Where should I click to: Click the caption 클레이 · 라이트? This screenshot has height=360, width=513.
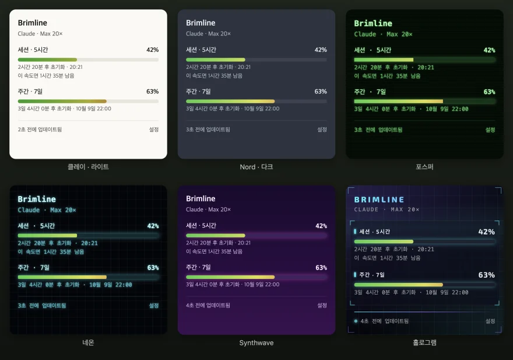88,167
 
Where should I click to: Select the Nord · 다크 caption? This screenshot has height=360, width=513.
256,167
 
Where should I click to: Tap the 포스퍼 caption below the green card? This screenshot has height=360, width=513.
424,167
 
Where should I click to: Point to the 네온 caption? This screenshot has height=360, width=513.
88,342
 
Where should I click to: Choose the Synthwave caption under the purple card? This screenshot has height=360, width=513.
256,342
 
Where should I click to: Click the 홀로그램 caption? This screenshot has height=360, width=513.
424,342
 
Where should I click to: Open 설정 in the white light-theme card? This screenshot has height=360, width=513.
154,130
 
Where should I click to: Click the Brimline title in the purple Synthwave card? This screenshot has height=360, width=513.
201,198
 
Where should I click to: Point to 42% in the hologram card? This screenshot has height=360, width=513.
486,232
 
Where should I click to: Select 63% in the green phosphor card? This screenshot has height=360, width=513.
489,92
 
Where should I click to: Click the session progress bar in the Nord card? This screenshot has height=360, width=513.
256,60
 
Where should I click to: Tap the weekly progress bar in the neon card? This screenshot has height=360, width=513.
88,277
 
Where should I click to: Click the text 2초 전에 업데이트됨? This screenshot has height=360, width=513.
40,130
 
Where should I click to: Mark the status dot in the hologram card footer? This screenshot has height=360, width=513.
356,321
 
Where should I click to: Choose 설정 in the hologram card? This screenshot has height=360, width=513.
490,321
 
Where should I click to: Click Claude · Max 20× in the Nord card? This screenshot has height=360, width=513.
208,34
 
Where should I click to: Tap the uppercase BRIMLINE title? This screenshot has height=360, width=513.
379,200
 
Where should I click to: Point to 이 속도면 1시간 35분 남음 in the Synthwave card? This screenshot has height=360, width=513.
214,251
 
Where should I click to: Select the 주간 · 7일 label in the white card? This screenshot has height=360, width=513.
30,92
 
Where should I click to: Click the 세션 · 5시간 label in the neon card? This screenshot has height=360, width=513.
36,226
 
